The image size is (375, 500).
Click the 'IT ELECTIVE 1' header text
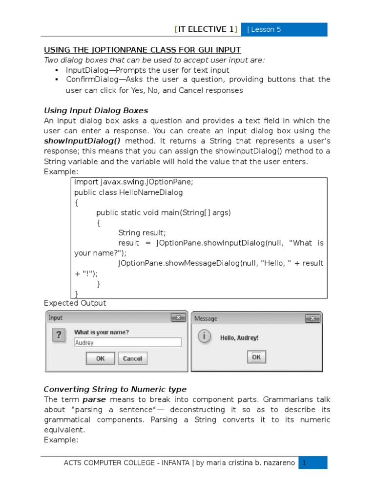click(x=206, y=29)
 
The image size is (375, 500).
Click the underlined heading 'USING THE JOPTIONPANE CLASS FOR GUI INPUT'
click(x=143, y=50)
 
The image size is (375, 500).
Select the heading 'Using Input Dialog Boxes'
click(x=96, y=110)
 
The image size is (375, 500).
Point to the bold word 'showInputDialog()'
click(x=82, y=141)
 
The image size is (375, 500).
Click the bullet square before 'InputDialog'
click(x=57, y=70)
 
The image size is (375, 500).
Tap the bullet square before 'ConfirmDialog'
click(x=57, y=80)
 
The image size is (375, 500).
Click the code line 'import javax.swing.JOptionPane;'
click(x=134, y=182)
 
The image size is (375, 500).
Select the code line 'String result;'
click(x=142, y=232)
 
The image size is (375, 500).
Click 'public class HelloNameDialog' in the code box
click(x=128, y=192)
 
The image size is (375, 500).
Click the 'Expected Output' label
click(x=75, y=303)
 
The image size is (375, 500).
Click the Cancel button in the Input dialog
click(x=132, y=358)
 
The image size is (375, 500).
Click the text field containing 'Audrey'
click(x=127, y=343)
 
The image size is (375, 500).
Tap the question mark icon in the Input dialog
click(x=59, y=336)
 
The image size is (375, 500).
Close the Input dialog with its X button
click(x=178, y=318)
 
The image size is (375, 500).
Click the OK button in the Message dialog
click(x=256, y=357)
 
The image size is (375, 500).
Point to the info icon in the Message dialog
click(x=204, y=336)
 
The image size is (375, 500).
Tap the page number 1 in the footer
click(x=304, y=462)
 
